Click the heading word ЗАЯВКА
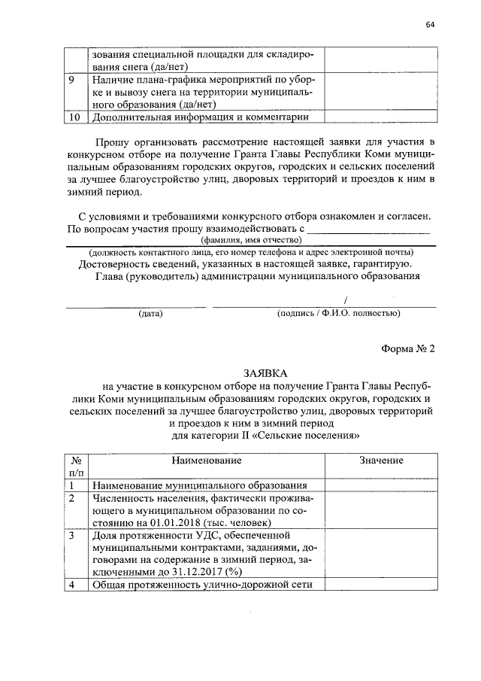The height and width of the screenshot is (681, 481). tap(265, 372)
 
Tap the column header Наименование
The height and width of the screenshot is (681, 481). tap(206, 460)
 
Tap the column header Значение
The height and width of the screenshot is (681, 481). tap(381, 460)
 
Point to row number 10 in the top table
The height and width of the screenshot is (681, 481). tap(74, 117)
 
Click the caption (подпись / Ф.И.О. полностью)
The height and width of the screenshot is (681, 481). tap(337, 313)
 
